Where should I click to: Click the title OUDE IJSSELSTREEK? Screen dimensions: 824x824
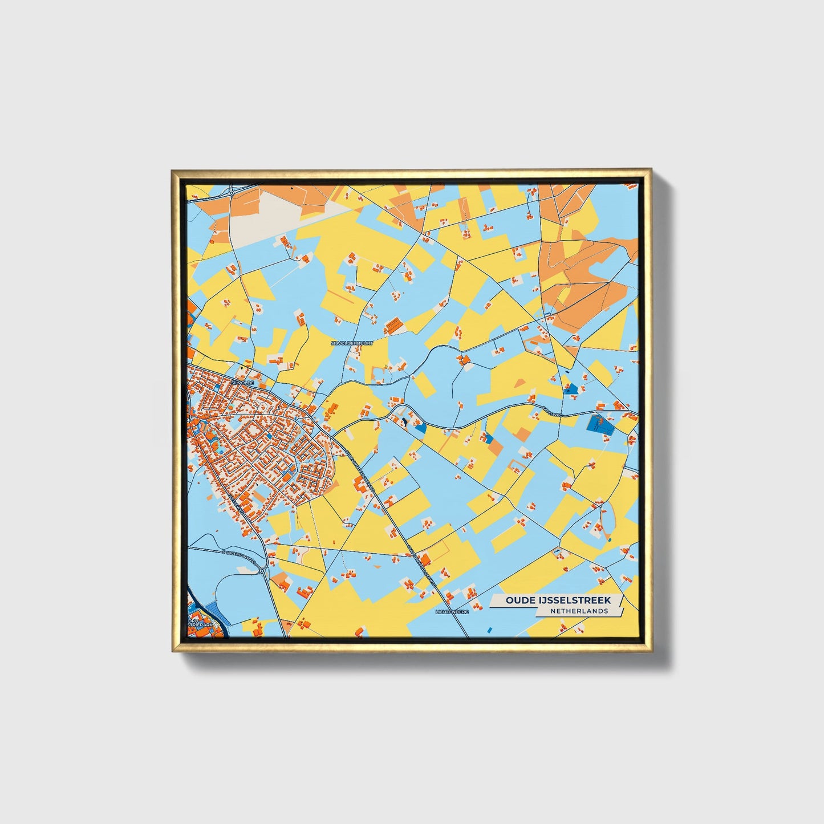click(x=558, y=600)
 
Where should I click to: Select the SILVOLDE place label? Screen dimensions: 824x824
click(x=242, y=383)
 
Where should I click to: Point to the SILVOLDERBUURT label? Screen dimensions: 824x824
click(x=352, y=343)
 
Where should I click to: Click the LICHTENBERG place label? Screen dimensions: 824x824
click(x=452, y=612)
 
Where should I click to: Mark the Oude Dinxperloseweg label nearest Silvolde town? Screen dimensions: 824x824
click(x=359, y=469)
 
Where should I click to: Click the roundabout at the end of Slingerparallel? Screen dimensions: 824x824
click(x=262, y=570)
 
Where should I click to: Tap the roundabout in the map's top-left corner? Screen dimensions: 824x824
click(x=232, y=194)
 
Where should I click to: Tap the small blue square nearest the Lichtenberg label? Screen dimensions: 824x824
click(x=489, y=628)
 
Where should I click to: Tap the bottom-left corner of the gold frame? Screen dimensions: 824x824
click(x=173, y=651)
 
